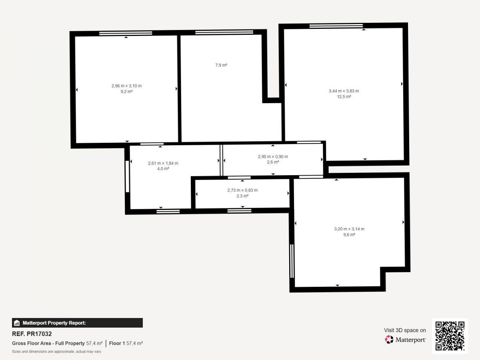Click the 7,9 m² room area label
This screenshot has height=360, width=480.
(221, 65)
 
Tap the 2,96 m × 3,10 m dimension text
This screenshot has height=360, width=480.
(126, 86)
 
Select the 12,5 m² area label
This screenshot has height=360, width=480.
(344, 97)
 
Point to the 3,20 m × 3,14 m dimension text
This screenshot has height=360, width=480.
(349, 229)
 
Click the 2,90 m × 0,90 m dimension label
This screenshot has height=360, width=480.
(273, 156)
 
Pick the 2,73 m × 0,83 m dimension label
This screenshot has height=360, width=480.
(242, 190)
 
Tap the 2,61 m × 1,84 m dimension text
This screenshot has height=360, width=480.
(163, 163)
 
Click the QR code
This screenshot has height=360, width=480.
(450, 336)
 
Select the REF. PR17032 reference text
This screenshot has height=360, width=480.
(32, 334)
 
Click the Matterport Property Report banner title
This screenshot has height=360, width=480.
(54, 323)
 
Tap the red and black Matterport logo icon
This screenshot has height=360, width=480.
(389, 340)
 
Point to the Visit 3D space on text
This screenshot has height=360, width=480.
(405, 330)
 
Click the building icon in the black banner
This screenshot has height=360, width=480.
(17, 323)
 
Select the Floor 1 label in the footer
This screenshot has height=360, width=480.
(117, 343)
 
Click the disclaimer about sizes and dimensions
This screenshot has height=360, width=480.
(56, 352)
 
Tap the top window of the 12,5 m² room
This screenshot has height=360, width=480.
(336, 26)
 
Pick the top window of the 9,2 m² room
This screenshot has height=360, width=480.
(126, 33)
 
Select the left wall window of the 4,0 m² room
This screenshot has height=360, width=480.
(127, 177)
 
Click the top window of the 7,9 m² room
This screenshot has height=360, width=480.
(224, 32)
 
